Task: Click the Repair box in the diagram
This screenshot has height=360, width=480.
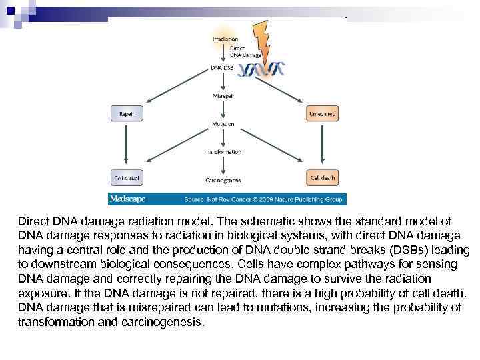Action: (127, 114)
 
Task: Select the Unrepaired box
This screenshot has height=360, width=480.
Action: (322, 114)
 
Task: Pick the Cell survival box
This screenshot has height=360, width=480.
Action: (127, 178)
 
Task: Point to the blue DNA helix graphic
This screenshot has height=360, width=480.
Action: (262, 69)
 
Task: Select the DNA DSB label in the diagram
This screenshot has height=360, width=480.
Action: (222, 67)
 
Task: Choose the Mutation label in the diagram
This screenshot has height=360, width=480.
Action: (223, 124)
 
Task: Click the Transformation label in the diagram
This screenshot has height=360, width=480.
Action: (223, 152)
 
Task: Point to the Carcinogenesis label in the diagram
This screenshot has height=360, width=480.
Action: (223, 180)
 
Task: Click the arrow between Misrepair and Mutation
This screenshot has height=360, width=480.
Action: (223, 110)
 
